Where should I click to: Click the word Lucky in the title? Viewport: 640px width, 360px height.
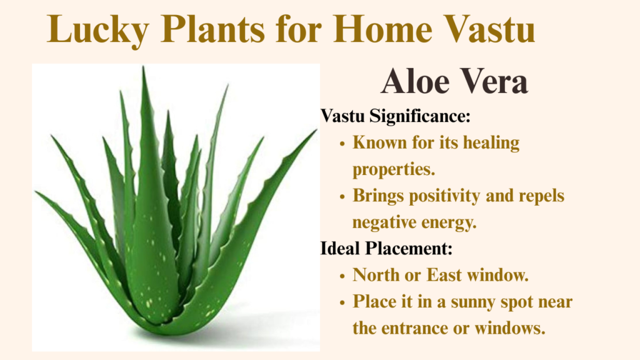(x=98, y=30)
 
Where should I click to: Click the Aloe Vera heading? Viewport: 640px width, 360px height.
(x=454, y=81)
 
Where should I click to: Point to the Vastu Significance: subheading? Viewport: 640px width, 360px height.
(x=396, y=116)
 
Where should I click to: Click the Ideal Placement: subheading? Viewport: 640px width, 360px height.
(x=386, y=248)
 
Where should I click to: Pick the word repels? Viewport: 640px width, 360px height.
(x=541, y=196)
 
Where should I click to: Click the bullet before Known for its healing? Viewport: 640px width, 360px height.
(x=342, y=144)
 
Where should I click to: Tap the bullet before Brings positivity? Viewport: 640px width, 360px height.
(x=342, y=197)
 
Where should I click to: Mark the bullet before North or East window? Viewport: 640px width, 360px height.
(x=342, y=276)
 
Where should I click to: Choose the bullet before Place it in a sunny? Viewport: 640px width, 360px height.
(x=342, y=303)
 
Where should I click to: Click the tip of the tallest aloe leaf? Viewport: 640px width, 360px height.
(x=143, y=66)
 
